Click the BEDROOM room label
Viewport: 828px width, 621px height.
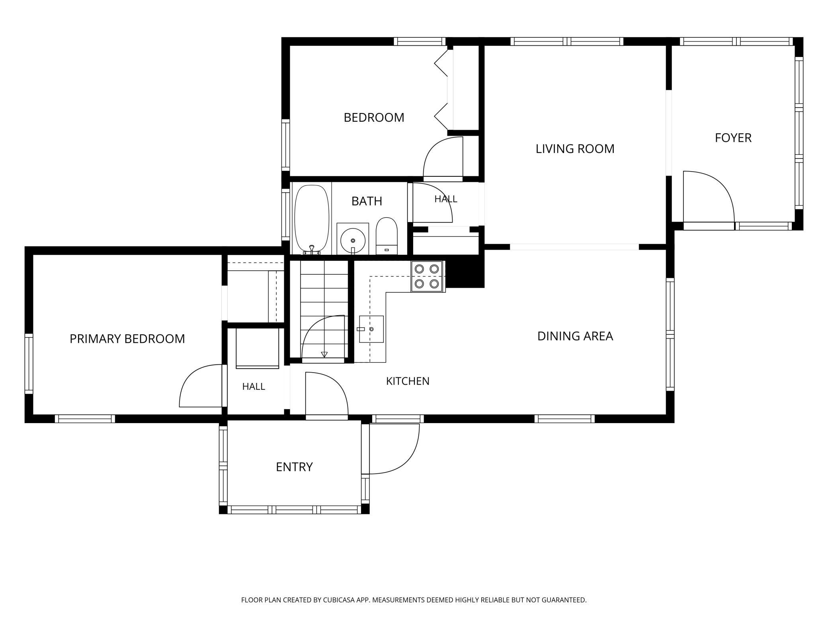[374, 117]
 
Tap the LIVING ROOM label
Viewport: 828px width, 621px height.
[575, 148]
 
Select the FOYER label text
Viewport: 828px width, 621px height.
[733, 138]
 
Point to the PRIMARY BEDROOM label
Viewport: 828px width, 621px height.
[127, 339]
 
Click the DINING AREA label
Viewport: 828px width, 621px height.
[575, 336]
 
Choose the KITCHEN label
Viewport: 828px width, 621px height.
[408, 381]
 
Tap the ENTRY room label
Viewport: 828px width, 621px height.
[294, 467]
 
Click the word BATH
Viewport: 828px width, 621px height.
[367, 201]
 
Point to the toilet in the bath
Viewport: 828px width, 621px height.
[387, 236]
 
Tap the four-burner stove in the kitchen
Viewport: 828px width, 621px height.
[427, 276]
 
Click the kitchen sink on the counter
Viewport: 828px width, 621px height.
[371, 329]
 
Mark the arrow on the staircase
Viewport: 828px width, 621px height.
[324, 354]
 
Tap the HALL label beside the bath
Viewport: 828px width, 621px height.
[445, 199]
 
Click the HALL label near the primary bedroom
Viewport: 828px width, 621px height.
[254, 386]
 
